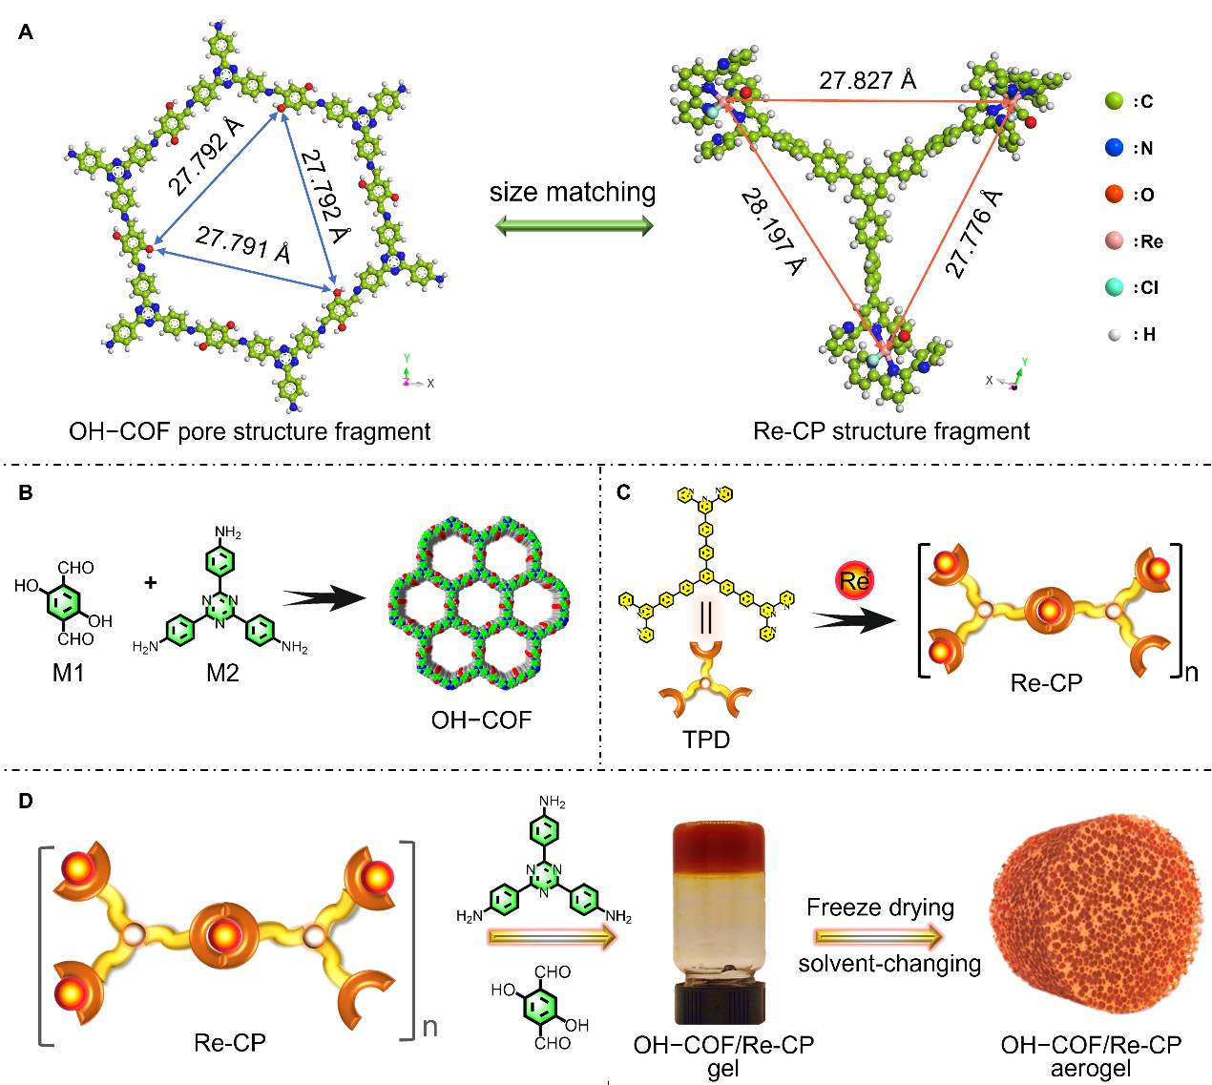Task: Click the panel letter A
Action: (x=26, y=32)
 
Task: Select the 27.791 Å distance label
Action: (x=242, y=244)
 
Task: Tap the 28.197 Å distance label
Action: (x=772, y=231)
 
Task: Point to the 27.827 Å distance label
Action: (x=867, y=80)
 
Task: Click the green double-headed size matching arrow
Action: (x=574, y=226)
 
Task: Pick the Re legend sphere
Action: (x=1115, y=240)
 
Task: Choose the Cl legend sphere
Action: (x=1115, y=287)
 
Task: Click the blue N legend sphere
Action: (x=1115, y=148)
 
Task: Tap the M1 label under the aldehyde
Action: (x=69, y=673)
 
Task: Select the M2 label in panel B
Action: (x=222, y=673)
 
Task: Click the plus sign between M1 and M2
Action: (x=151, y=582)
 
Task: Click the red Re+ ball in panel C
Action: (x=854, y=580)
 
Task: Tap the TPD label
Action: (x=706, y=740)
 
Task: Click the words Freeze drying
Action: (x=880, y=907)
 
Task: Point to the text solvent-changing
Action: (x=889, y=964)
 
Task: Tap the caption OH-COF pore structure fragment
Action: (x=250, y=431)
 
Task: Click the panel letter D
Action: (x=26, y=801)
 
